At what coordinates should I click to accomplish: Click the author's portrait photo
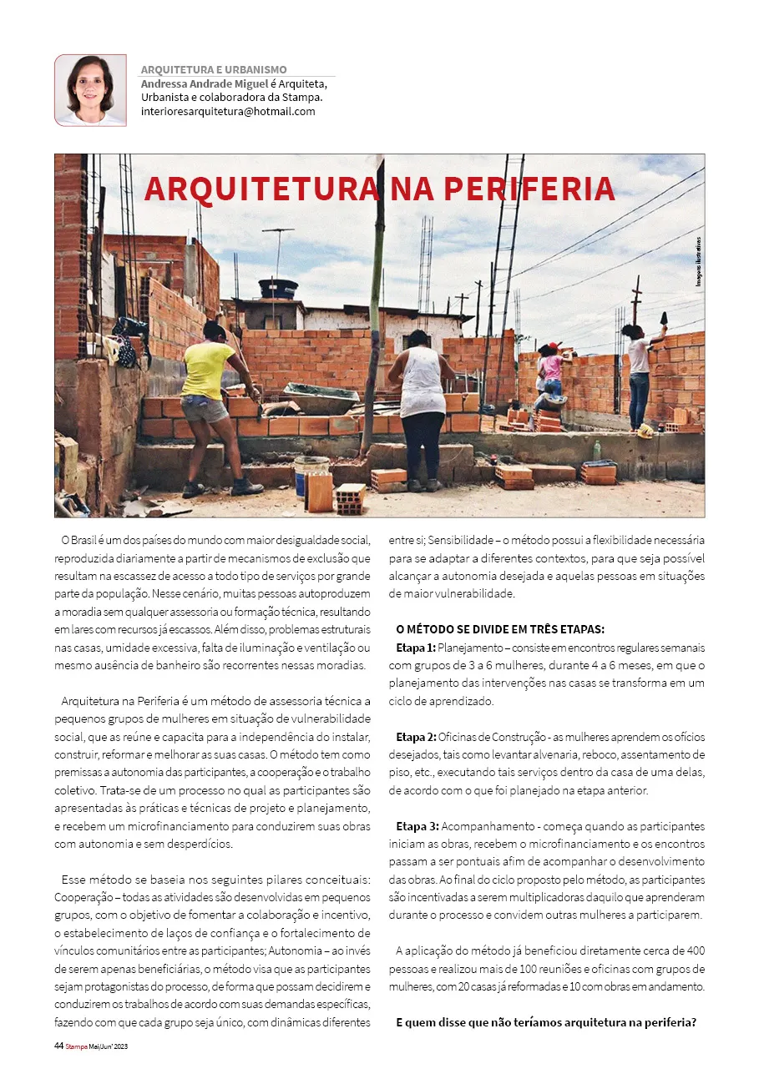point(90,90)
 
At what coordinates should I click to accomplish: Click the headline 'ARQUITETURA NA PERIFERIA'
point(379,189)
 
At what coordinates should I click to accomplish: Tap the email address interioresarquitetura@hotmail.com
point(228,111)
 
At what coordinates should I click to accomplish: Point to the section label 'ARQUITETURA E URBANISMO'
point(214,70)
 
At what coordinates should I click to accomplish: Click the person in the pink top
point(552,376)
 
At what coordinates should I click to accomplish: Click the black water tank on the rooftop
point(278,289)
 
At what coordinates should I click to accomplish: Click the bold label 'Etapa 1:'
point(416,648)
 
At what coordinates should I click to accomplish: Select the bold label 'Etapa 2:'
point(416,737)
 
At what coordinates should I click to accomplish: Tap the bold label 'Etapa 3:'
point(416,826)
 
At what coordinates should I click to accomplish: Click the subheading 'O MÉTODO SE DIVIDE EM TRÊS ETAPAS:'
point(500,629)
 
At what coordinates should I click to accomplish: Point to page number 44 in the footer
point(58,1046)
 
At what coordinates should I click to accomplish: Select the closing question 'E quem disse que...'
point(546,1022)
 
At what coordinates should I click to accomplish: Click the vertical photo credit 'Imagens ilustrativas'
point(698,262)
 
